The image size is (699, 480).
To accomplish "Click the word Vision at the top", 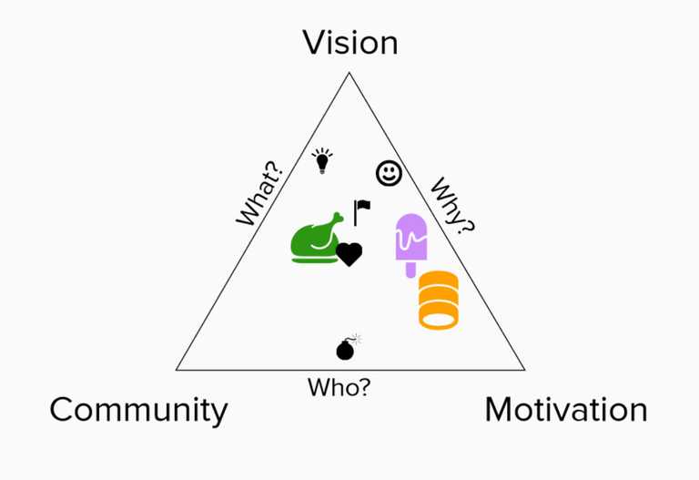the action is tap(350, 43).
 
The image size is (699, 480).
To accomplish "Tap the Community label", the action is tap(138, 411).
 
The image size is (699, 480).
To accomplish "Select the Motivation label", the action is tap(566, 410).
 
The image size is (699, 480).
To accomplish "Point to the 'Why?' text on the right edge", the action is tap(452, 206).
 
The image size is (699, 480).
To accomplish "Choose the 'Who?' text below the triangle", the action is tap(339, 387).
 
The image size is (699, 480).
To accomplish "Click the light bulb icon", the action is tap(322, 160).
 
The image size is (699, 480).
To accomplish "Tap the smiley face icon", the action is tap(390, 173).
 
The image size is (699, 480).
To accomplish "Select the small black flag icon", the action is tap(361, 212).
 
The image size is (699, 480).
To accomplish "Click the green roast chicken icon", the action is tap(316, 239).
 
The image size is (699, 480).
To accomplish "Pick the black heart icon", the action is tap(349, 254).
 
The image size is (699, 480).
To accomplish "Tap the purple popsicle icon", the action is tap(411, 244).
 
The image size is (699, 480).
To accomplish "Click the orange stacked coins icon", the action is tap(439, 300).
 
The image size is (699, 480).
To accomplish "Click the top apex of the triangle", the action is tap(349, 73).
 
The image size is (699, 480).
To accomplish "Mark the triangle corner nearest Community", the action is tap(177, 370).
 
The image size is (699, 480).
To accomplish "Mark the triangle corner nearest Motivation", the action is tap(524, 370).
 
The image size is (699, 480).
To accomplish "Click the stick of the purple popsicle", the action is tap(411, 270).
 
